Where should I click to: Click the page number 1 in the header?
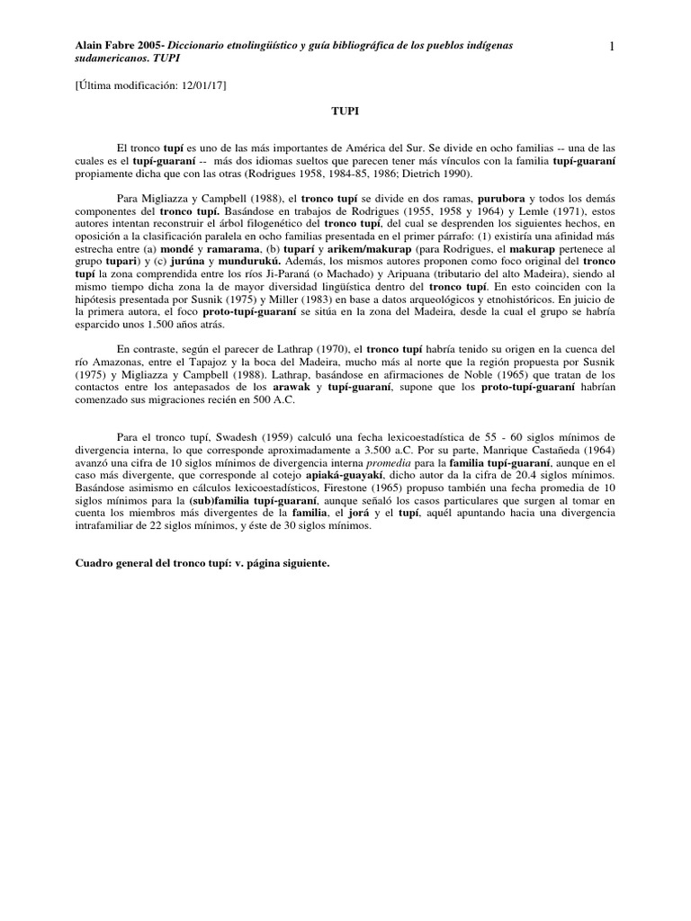pos(610,49)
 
